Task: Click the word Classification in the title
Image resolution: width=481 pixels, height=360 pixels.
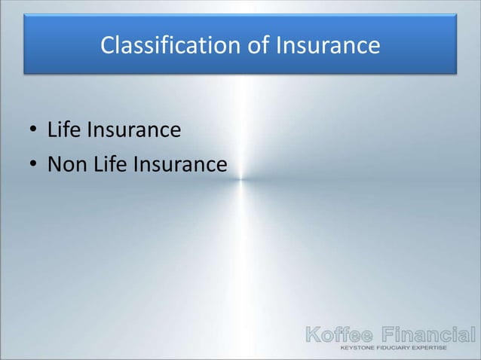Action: [x=168, y=47]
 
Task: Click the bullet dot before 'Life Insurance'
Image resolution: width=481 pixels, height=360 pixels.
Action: [x=33, y=132]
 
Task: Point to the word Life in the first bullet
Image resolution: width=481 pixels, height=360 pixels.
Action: [x=63, y=131]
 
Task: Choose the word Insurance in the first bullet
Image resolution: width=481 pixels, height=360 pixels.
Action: [x=133, y=131]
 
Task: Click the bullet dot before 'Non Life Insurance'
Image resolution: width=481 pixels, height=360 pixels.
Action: [x=33, y=164]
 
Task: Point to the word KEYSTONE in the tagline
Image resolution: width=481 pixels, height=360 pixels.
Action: [x=361, y=349]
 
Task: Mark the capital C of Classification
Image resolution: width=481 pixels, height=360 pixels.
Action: [x=107, y=47]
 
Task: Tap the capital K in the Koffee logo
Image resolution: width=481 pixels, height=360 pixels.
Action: [x=311, y=334]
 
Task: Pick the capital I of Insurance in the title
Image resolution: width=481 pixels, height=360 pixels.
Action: [x=280, y=47]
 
